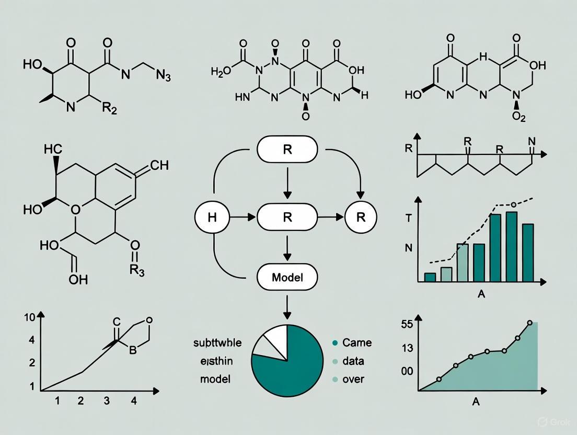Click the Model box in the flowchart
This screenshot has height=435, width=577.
pos(287,277)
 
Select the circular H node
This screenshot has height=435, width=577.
pos(212,217)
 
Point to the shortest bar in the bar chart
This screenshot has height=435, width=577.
pos(430,278)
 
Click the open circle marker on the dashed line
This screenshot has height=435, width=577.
pos(513,204)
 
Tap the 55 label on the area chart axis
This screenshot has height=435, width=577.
pos(407,324)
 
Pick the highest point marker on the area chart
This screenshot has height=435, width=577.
pos(529,323)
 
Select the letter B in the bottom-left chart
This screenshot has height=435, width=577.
pos(132,350)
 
